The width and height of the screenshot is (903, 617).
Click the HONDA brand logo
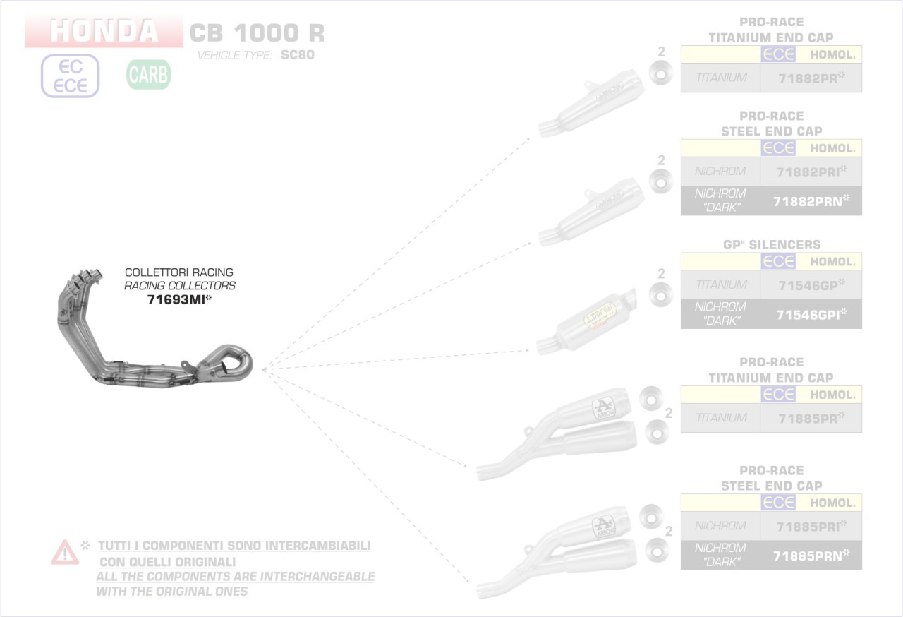[104, 31]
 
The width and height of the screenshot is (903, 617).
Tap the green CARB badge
[149, 75]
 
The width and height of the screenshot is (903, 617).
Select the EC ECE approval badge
[71, 76]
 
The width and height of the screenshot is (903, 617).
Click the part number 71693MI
[179, 300]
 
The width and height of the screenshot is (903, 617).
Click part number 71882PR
[811, 78]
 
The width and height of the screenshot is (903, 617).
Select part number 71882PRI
[811, 172]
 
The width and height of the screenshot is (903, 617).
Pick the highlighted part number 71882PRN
[811, 201]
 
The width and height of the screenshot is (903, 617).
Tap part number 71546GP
[811, 285]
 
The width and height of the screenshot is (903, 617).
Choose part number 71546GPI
[811, 315]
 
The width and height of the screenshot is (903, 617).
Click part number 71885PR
[811, 419]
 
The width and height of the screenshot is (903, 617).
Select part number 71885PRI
[811, 526]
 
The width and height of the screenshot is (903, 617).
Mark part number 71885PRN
[811, 556]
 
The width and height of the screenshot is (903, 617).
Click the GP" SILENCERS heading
[771, 245]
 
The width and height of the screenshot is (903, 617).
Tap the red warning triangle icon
[65, 552]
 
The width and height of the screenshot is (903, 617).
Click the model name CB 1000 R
[257, 32]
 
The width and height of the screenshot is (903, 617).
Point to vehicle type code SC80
[297, 55]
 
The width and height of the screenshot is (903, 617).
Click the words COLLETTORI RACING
[179, 272]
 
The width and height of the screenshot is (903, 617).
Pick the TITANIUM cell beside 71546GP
[720, 285]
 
